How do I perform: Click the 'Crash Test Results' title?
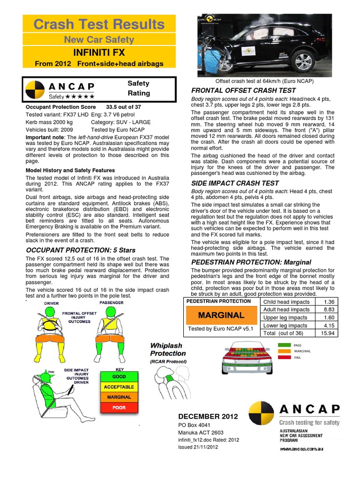(x=99, y=24)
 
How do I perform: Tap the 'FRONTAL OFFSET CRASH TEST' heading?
(x=243, y=90)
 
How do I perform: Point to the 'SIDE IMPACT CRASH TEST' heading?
(x=235, y=183)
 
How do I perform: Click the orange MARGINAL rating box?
(x=221, y=315)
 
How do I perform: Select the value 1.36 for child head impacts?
(x=329, y=302)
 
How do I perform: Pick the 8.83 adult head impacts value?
(x=329, y=310)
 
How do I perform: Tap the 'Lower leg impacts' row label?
(x=285, y=325)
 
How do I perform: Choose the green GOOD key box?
(x=119, y=376)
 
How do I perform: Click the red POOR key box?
(x=119, y=407)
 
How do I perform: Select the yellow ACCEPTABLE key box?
(x=119, y=387)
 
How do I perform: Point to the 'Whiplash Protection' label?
(x=168, y=350)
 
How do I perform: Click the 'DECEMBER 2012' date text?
(x=208, y=416)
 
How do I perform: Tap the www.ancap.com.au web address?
(x=302, y=449)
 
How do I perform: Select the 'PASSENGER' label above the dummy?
(x=111, y=303)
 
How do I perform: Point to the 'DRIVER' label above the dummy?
(x=52, y=303)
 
